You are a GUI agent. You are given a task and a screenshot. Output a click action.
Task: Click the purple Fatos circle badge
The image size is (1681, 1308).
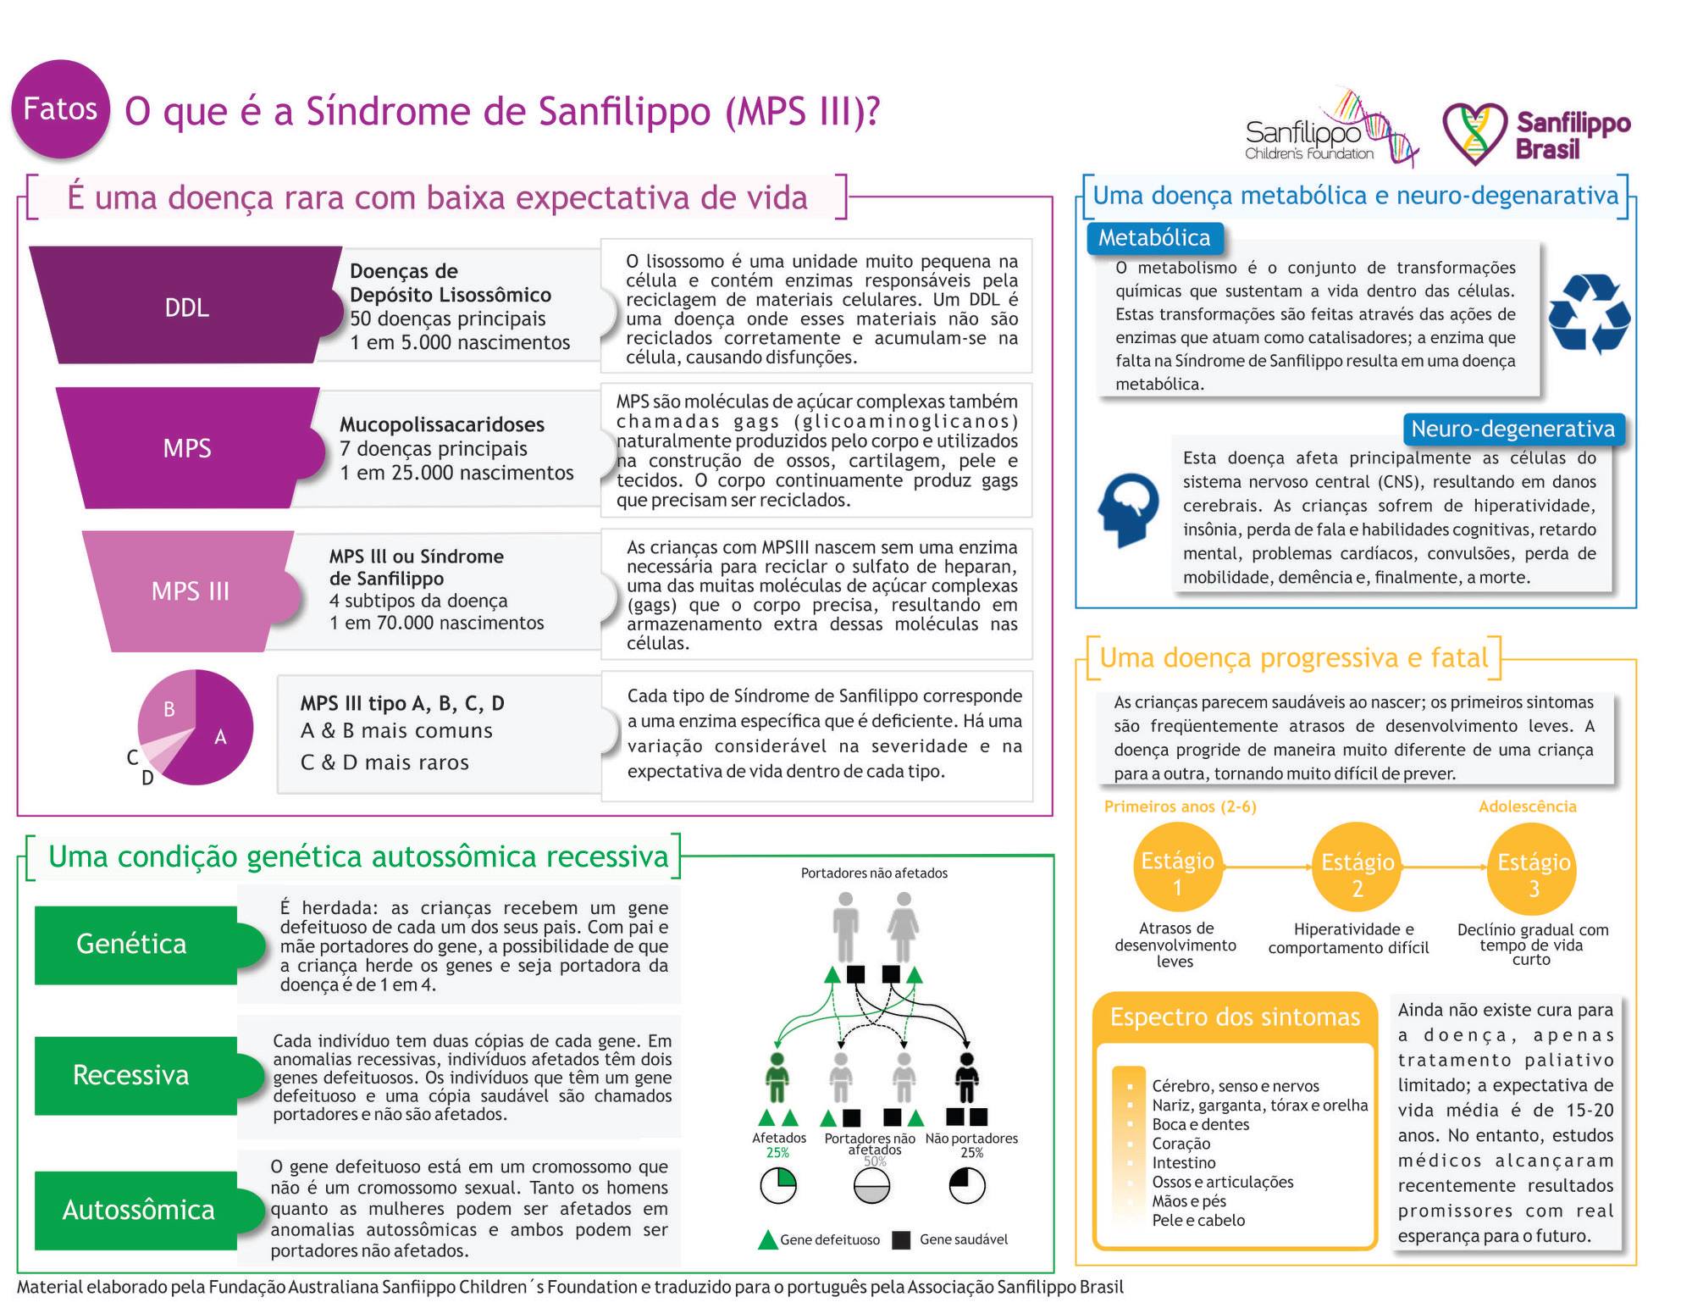(60, 108)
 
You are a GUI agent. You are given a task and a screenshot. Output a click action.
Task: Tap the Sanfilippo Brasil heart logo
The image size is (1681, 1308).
(1474, 134)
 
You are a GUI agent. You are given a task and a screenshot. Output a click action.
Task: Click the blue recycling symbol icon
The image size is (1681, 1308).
(1589, 313)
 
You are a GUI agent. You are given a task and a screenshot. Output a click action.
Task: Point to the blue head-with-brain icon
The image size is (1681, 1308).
(1129, 510)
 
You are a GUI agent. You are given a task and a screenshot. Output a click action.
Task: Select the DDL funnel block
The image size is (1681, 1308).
(186, 305)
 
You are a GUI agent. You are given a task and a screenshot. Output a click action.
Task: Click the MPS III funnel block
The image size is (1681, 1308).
(190, 591)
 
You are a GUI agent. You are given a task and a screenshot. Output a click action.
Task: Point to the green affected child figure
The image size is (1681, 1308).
(777, 1078)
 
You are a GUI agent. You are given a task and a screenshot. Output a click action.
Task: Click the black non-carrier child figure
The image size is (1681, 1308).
(966, 1078)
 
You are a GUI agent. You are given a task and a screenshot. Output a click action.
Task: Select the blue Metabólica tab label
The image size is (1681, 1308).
(1154, 238)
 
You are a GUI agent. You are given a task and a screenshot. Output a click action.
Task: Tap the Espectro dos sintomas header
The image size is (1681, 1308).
(1235, 1017)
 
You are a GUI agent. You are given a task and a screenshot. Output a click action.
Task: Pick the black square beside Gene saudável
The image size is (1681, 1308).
(901, 1240)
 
